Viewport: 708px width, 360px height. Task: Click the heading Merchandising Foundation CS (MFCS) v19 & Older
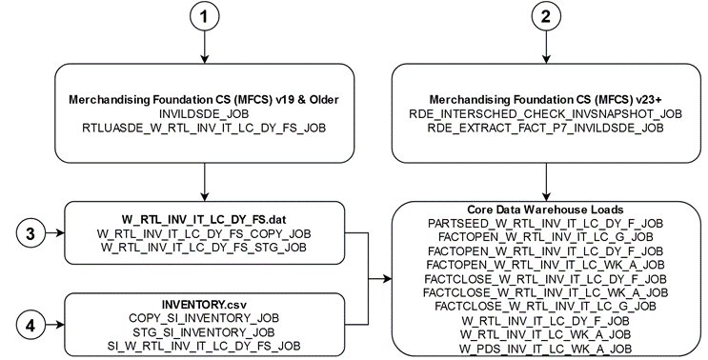point(206,101)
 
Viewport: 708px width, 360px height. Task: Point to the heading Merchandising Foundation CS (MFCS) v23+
point(544,101)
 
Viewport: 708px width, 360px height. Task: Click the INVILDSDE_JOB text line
point(206,113)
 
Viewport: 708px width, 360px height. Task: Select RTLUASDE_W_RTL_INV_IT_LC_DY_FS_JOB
point(206,126)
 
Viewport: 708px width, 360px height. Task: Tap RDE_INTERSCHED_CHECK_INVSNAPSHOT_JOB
point(544,113)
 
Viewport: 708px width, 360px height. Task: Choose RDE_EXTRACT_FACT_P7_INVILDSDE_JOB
point(544,126)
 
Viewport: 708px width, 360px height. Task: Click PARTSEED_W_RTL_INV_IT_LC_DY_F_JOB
point(545,222)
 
